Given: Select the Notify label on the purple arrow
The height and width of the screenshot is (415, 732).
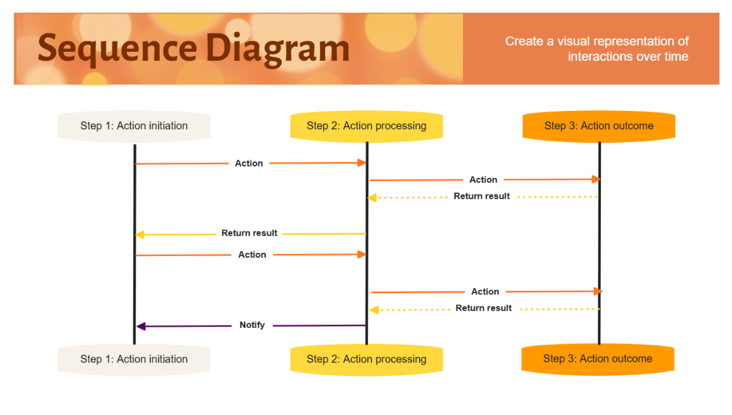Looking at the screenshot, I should click(x=252, y=325).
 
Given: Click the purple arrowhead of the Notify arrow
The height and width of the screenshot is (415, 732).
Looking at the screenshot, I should click(x=141, y=327).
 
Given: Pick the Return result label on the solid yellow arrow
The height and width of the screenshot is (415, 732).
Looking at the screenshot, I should click(x=249, y=233).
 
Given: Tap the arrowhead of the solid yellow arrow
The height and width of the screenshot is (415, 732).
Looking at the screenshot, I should click(x=140, y=235).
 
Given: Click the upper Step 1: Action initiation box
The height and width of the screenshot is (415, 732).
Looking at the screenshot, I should click(x=134, y=126).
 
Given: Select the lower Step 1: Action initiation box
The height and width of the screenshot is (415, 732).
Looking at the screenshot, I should click(x=134, y=360).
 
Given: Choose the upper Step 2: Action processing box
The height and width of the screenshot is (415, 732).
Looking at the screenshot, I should click(x=367, y=126).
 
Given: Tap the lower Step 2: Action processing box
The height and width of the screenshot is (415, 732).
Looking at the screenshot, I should click(x=367, y=360).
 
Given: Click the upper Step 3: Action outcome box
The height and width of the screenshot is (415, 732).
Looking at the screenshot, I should click(x=599, y=126).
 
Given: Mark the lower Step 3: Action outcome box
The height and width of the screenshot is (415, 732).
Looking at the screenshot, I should click(x=598, y=359).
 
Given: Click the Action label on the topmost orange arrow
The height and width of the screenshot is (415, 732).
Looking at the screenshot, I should click(x=249, y=163).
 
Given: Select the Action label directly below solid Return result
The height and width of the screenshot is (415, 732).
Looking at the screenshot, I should click(x=252, y=255).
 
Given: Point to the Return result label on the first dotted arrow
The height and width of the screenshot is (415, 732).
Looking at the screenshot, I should click(x=481, y=196).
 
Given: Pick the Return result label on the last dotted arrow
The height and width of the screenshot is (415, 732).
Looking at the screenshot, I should click(x=483, y=308).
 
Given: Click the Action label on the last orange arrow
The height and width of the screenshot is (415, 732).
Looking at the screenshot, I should click(x=485, y=292).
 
